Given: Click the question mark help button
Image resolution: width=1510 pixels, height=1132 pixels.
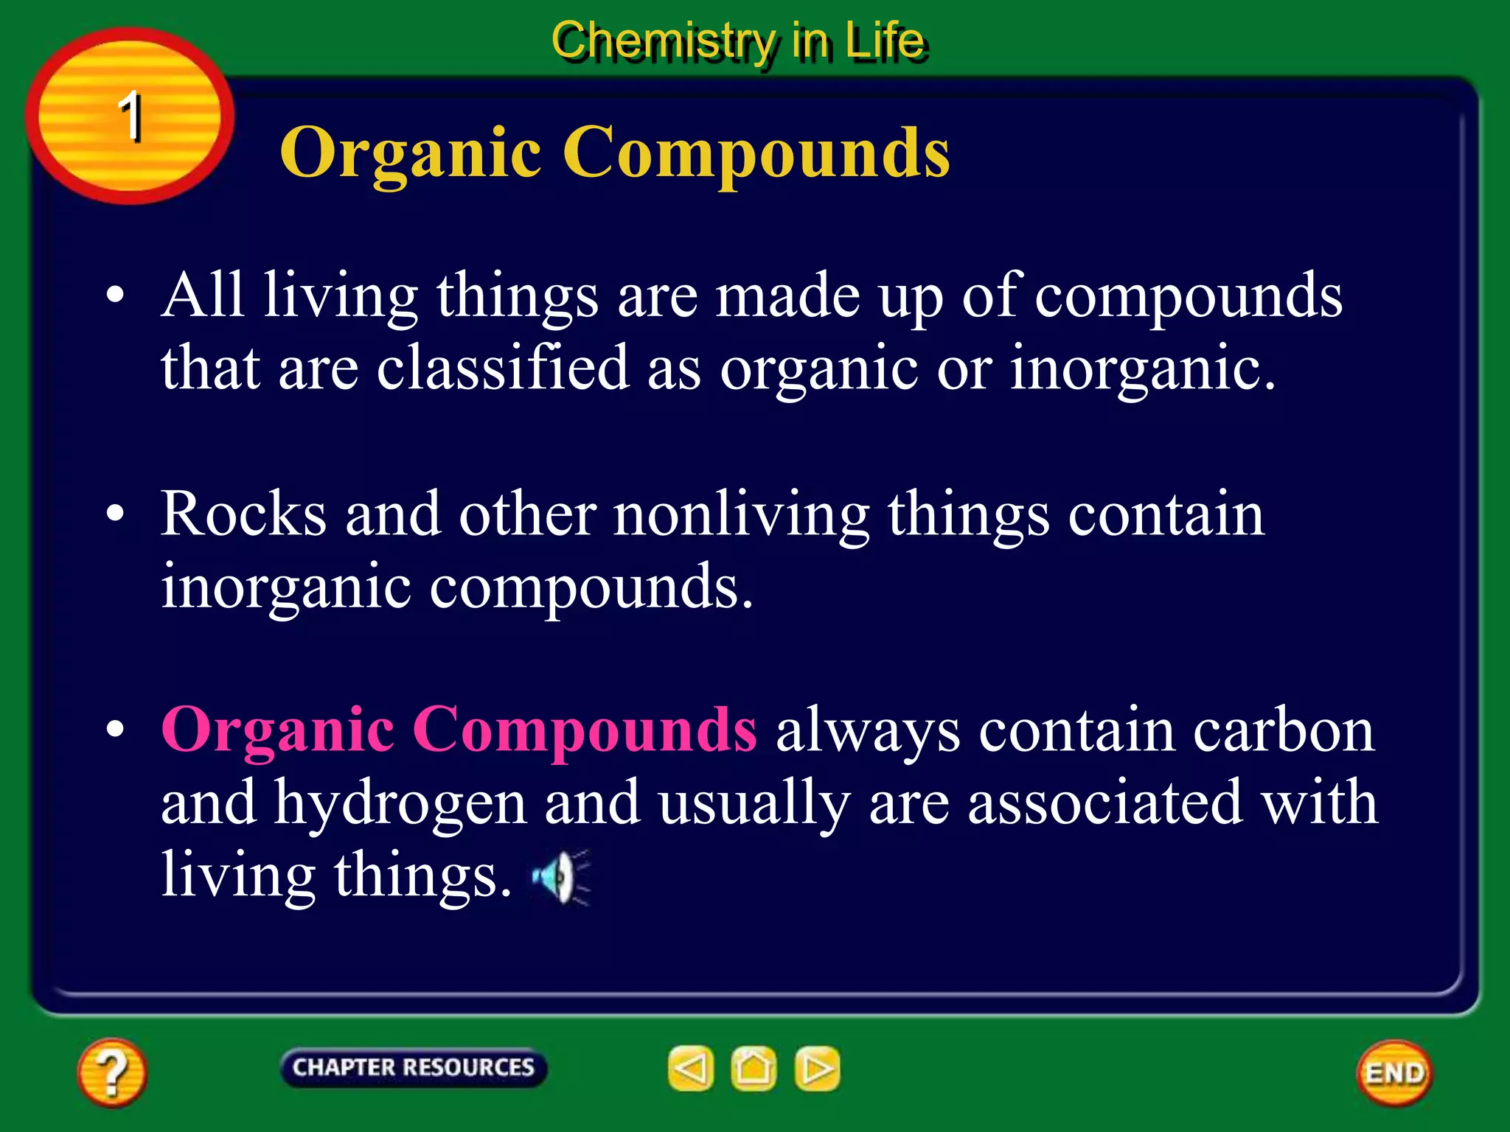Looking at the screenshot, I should [111, 1072].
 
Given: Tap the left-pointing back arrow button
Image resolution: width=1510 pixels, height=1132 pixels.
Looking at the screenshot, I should [691, 1069].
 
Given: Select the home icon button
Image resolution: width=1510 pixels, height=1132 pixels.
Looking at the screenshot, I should [754, 1069].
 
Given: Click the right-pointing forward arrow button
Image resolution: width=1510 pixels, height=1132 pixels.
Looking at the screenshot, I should [817, 1069].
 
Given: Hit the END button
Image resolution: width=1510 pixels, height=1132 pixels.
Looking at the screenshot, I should [1395, 1073].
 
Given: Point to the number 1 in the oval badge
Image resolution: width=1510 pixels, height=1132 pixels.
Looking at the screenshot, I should [131, 116].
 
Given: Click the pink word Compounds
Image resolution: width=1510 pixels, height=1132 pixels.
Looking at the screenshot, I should [584, 730].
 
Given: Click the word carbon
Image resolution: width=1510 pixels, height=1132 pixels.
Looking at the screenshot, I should [1284, 731].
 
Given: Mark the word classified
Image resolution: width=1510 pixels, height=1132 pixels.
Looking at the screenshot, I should [503, 367].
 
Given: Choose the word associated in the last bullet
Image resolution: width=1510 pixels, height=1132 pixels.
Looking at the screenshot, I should [1105, 803].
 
